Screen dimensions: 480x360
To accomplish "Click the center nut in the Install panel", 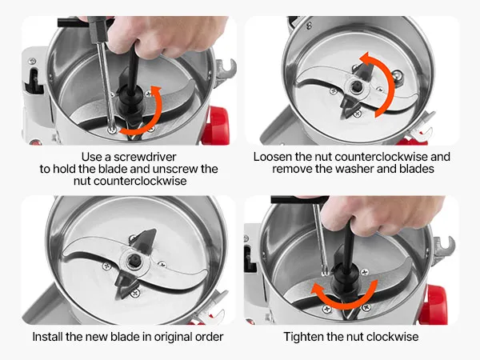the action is click(134, 261).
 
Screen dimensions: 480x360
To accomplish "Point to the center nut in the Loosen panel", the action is click(356, 87).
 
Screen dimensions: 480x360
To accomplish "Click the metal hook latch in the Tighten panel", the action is click(444, 246).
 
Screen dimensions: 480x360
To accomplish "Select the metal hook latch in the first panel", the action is click(226, 70).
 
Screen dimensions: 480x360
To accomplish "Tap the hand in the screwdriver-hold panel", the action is click(166, 34).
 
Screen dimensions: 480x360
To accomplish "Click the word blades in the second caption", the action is click(417, 169).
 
